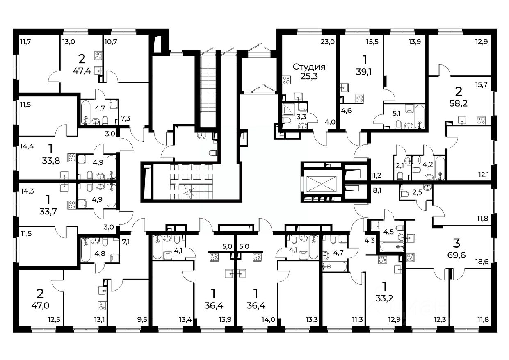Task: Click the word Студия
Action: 309,67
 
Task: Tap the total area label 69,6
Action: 457,255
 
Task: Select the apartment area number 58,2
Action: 459,104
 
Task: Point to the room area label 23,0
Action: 328,42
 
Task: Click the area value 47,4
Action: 82,71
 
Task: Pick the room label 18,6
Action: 482,262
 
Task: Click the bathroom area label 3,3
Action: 301,117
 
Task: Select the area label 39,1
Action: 364,72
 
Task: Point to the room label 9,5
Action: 142,319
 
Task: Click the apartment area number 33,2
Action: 384,298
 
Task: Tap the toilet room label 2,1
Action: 400,166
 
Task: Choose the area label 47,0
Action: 40,305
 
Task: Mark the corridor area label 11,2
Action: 376,175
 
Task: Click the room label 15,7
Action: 481,84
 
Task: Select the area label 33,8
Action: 51,161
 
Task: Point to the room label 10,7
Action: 111,42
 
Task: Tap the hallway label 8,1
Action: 377,190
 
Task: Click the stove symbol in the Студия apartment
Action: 287,80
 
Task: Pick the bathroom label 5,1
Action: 397,113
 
